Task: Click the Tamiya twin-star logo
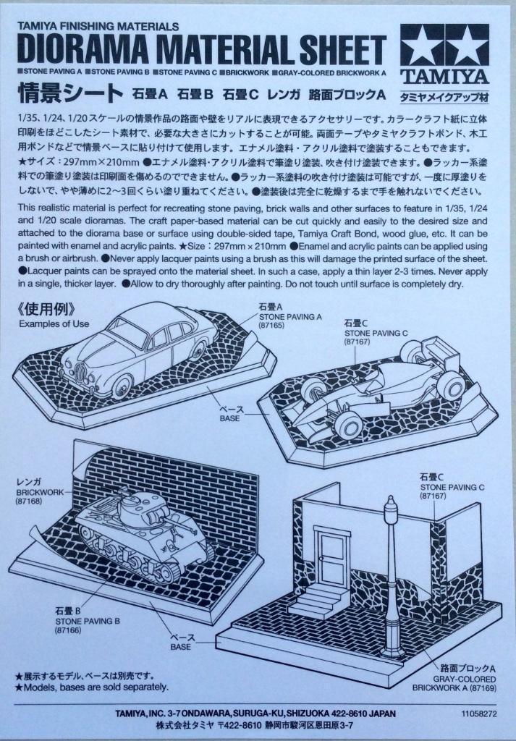444,46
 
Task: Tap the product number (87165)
271,326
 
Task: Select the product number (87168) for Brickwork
29,501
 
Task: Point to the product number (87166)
69,630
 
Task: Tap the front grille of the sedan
81,373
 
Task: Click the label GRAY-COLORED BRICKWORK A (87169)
454,683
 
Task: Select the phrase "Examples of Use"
54,323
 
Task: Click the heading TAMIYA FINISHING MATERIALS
98,27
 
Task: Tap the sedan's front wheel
122,386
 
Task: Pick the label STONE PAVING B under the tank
88,621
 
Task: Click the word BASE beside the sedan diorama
229,418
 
